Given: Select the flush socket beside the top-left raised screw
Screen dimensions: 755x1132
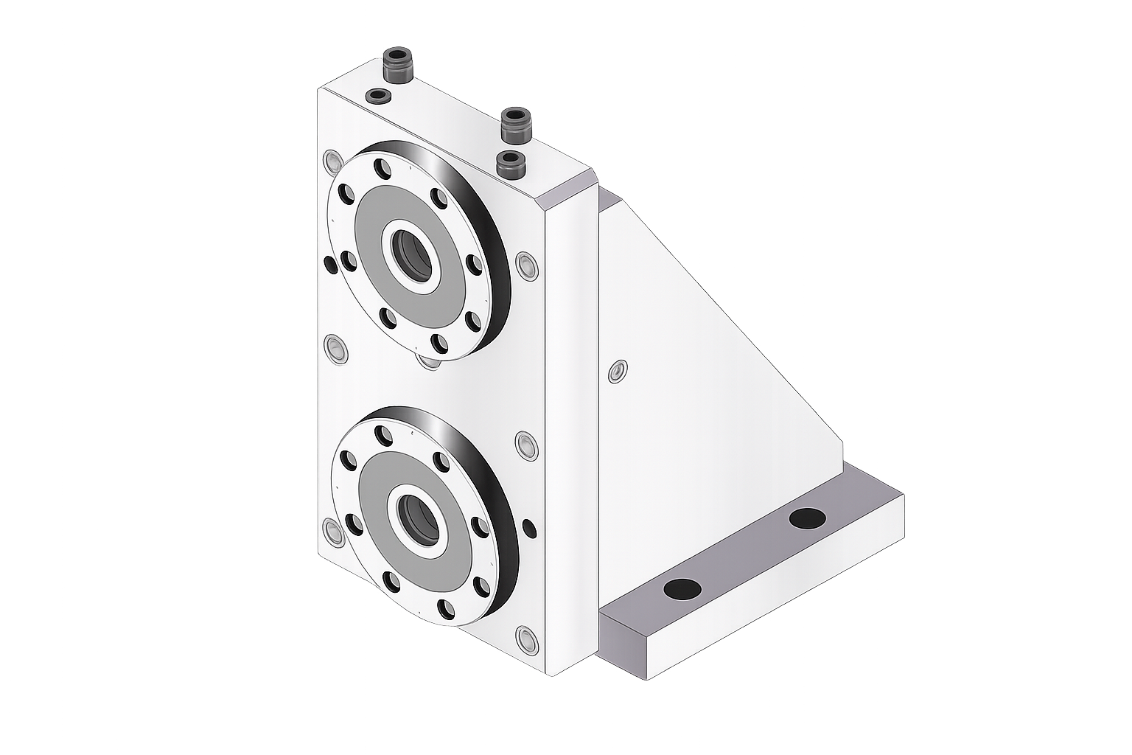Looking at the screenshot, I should coord(379,96).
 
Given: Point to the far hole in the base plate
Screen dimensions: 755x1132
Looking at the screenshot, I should coord(807,518).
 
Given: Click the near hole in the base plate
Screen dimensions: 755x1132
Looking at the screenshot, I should coord(682,588).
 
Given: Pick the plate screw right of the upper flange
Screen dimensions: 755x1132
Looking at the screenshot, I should coord(525,264).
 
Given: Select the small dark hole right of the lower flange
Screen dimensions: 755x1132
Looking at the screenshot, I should coord(528,527).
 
